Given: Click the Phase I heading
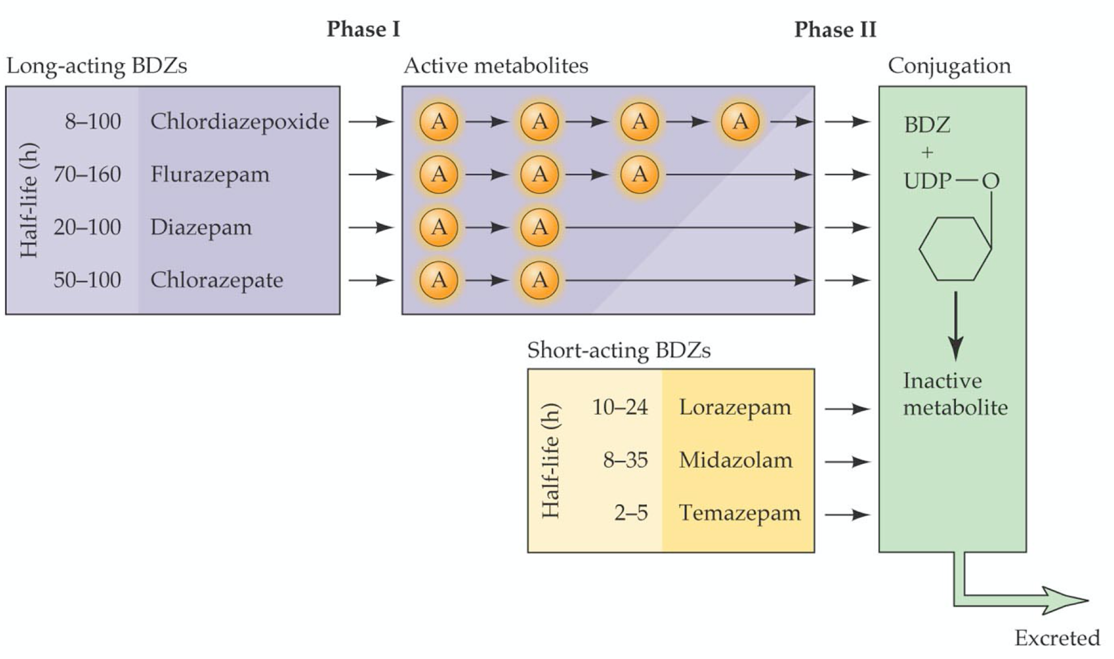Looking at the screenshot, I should tap(363, 29).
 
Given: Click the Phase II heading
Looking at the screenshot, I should tap(835, 29).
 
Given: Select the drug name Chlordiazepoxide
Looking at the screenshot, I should tap(239, 121).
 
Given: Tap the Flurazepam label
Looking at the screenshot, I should tap(210, 174).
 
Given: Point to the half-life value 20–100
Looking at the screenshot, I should tap(87, 227).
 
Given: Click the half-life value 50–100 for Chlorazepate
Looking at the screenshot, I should tap(87, 280).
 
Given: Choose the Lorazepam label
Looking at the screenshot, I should tap(735, 407).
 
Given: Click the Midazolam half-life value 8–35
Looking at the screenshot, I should tap(625, 460).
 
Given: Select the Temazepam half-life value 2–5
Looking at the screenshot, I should tap(630, 513).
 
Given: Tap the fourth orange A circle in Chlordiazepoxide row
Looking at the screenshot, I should tap(740, 121).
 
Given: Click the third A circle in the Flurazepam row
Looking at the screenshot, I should tap(639, 174).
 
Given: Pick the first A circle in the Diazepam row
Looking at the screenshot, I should tap(439, 227).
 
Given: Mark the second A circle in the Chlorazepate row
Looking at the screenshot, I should tap(539, 280).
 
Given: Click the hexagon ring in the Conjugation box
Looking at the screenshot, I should tap(955, 249).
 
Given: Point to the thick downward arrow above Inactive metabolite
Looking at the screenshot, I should tap(956, 326).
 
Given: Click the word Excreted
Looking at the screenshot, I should tap(1057, 638).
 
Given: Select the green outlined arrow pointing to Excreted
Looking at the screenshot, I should tap(1020, 600).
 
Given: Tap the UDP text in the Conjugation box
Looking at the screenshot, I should tap(927, 181).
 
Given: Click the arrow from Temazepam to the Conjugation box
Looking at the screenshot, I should tap(847, 514).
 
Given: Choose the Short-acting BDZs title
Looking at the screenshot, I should tap(619, 350).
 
